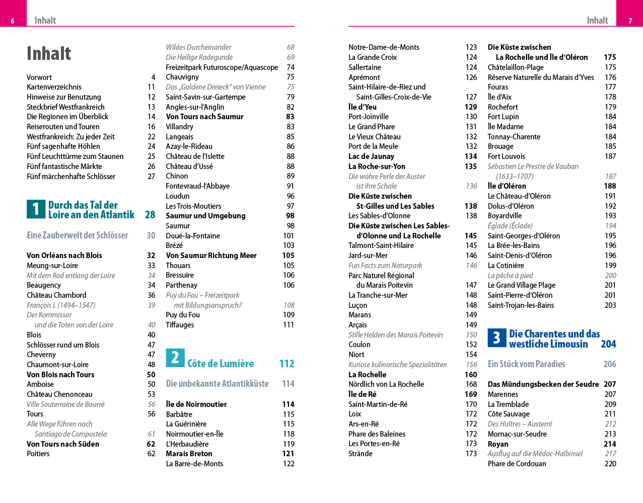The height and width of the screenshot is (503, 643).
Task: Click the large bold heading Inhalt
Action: (49, 53)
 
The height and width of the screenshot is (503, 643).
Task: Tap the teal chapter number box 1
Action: (36, 209)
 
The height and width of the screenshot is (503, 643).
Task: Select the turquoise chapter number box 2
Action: (175, 358)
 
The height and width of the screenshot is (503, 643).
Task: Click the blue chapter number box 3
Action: (496, 338)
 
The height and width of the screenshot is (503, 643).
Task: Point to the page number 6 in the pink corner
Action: (13, 21)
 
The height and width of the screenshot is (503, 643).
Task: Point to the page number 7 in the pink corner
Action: (630, 21)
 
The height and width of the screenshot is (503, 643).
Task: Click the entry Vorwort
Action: (39, 77)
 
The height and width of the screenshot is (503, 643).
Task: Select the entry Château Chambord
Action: (56, 295)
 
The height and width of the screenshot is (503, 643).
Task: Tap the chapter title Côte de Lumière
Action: (221, 364)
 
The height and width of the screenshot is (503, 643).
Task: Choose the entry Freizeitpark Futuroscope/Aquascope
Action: (222, 67)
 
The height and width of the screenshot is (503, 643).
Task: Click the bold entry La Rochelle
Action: (368, 375)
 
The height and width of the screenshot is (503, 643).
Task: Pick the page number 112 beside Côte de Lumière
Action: (287, 364)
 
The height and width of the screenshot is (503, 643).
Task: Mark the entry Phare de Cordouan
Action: (517, 464)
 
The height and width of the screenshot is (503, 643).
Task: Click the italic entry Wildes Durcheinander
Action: (198, 47)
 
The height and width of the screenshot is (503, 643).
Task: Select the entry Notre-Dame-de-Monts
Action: (384, 47)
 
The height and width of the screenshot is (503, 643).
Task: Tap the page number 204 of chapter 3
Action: (608, 344)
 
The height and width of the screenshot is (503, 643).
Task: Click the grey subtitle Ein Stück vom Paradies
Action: (526, 364)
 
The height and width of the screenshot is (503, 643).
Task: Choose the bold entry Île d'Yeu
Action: (363, 107)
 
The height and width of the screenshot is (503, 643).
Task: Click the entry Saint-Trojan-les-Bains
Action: (521, 305)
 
